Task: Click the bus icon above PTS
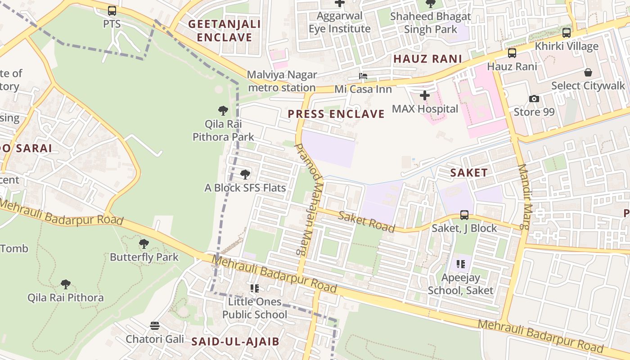[x=112, y=11]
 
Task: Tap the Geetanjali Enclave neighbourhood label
[x=224, y=31]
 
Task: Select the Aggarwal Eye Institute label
[x=340, y=22]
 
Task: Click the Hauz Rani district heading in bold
[x=427, y=59]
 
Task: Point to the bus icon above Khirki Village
[x=567, y=32]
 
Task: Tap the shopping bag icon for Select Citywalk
[x=588, y=72]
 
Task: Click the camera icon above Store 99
[x=534, y=99]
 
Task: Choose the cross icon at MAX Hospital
[x=424, y=95]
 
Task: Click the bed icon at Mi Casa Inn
[x=363, y=76]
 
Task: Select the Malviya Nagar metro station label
[x=282, y=81]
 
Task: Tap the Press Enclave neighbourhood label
[x=336, y=114]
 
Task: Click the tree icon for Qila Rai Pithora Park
[x=223, y=110]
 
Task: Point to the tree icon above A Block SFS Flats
[x=245, y=174]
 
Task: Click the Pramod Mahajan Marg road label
[x=309, y=199]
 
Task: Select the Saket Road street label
[x=366, y=221]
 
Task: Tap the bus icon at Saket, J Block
[x=464, y=215]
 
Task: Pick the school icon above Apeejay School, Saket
[x=460, y=264]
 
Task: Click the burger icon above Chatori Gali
[x=155, y=325]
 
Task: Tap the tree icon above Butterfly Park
[x=144, y=244]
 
